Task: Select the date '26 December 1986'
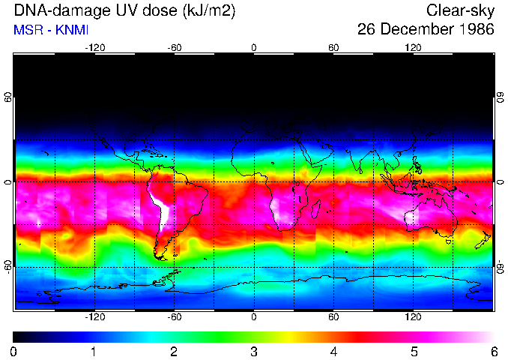426,30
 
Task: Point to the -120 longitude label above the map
94,47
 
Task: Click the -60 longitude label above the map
175,47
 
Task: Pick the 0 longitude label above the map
254,47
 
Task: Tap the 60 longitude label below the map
333,317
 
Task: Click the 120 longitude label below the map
413,317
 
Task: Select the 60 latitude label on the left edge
8,98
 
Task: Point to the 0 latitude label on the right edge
500,182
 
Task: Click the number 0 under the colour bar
14,351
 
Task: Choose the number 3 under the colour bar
254,351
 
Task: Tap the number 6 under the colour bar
494,351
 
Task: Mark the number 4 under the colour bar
333,351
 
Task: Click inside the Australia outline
427,217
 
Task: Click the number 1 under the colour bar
94,351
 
